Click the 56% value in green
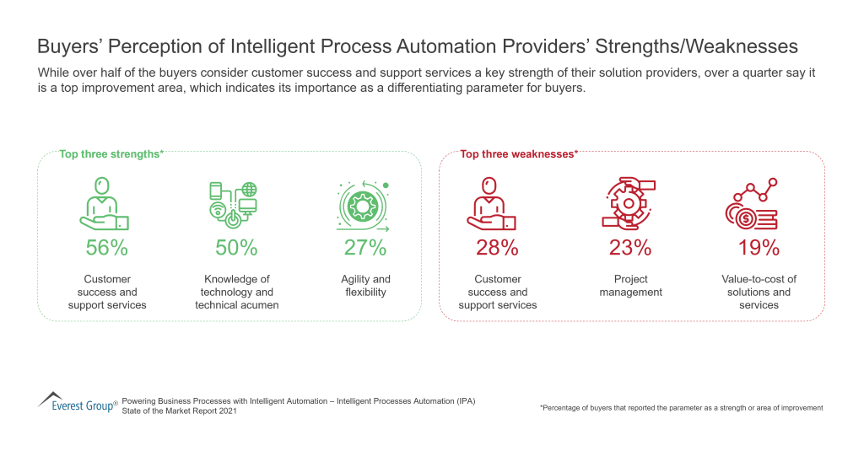coord(106,248)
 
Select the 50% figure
coord(236,248)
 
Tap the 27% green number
coord(365,248)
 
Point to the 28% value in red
coord(497,248)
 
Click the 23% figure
coord(630,248)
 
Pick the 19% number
coord(759,248)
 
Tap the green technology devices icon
coord(234,205)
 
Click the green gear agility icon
coord(364,206)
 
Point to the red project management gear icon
coord(629,204)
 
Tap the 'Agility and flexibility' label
coord(365,286)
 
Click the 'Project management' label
coord(630,286)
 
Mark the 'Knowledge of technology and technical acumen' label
coord(236,292)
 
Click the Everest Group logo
coord(77,402)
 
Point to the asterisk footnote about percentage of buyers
coord(681,408)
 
